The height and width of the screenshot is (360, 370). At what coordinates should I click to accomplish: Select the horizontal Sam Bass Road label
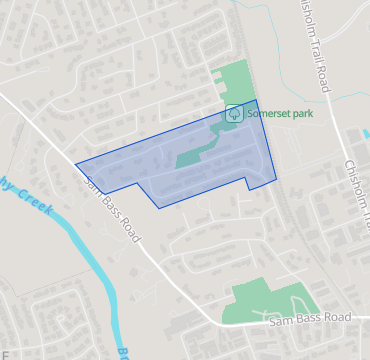pyautogui.click(x=310, y=318)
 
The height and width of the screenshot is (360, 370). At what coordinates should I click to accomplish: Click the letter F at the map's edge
pyautogui.click(x=4, y=353)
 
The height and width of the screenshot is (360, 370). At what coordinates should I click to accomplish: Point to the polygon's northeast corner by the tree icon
pyautogui.click(x=258, y=100)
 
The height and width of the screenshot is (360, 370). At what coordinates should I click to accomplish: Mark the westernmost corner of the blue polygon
pyautogui.click(x=76, y=163)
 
